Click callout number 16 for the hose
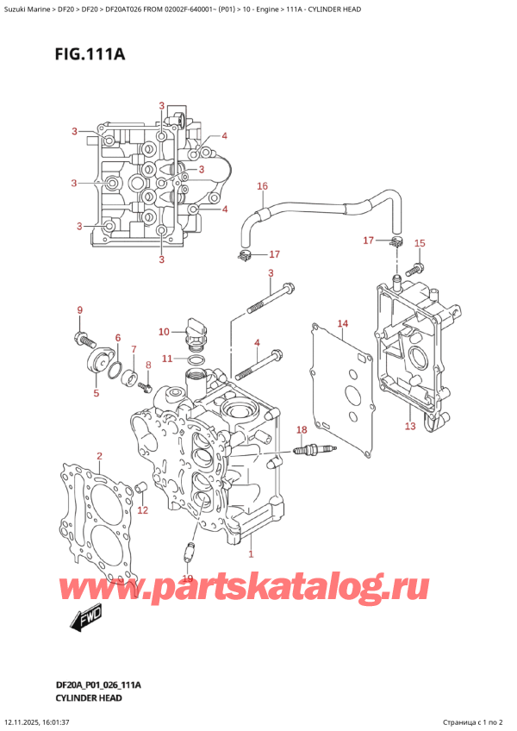point(262,186)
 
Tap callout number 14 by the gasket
point(342,324)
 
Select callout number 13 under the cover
point(410,426)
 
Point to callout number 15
point(420,244)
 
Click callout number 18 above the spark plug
point(301,429)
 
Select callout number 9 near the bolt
point(79,310)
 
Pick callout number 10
point(164,331)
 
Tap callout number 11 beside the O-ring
point(168,358)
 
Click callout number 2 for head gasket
point(99,456)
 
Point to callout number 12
point(143,510)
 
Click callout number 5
point(96,393)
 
